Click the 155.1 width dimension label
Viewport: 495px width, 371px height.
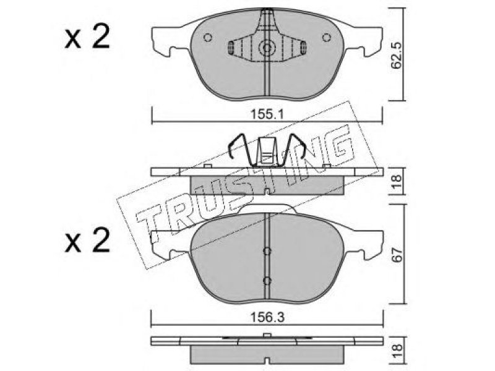[267, 114]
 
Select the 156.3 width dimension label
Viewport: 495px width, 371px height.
[267, 317]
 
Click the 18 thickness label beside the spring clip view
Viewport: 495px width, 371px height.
[397, 181]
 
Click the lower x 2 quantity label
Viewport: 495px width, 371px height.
[87, 240]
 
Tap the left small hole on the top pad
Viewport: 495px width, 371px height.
[207, 38]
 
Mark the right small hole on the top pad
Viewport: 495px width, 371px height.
[327, 38]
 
